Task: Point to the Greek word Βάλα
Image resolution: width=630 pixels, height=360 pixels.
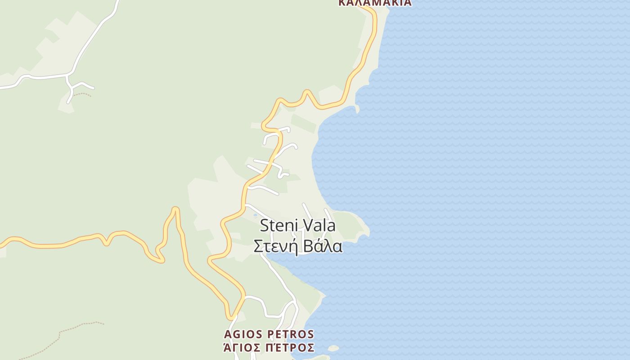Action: pos(323,247)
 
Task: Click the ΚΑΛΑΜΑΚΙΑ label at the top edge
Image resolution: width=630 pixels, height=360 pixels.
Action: pos(374,3)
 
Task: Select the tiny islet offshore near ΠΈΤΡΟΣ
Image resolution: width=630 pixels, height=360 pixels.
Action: pos(333,348)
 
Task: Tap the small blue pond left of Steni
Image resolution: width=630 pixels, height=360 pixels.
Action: pos(256,216)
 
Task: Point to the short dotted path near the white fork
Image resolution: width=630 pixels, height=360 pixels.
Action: pos(82,94)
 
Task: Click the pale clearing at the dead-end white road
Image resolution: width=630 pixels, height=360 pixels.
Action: pos(66,107)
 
